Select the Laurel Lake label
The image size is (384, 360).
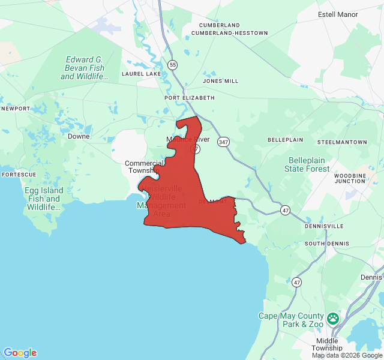(141, 74)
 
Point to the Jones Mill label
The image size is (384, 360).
(220, 81)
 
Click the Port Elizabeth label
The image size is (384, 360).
(189, 97)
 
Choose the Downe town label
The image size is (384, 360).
(79, 136)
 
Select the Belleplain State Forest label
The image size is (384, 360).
(309, 164)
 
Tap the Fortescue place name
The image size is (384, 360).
(19, 175)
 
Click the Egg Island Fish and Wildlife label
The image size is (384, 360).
(43, 199)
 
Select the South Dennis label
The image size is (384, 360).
(323, 244)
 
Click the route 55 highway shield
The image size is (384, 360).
(173, 64)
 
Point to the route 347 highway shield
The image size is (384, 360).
(224, 142)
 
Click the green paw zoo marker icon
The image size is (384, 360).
(333, 317)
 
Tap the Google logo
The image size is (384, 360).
(20, 353)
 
